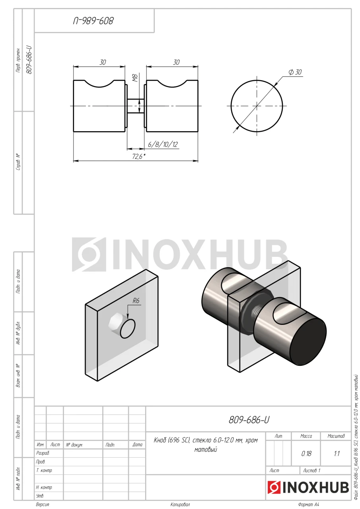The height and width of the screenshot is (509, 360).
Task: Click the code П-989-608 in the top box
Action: pyautogui.click(x=93, y=21)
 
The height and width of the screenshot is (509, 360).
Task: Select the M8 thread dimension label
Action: pyautogui.click(x=135, y=78)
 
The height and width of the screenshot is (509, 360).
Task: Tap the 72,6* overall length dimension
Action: pyautogui.click(x=139, y=156)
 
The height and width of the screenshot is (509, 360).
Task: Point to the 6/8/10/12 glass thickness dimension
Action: pyautogui.click(x=163, y=144)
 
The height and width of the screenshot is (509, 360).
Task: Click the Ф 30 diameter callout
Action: pyautogui.click(x=295, y=72)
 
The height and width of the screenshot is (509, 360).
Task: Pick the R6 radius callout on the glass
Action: pyautogui.click(x=136, y=301)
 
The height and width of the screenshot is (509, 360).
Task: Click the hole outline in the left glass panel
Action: pyautogui.click(x=128, y=329)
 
